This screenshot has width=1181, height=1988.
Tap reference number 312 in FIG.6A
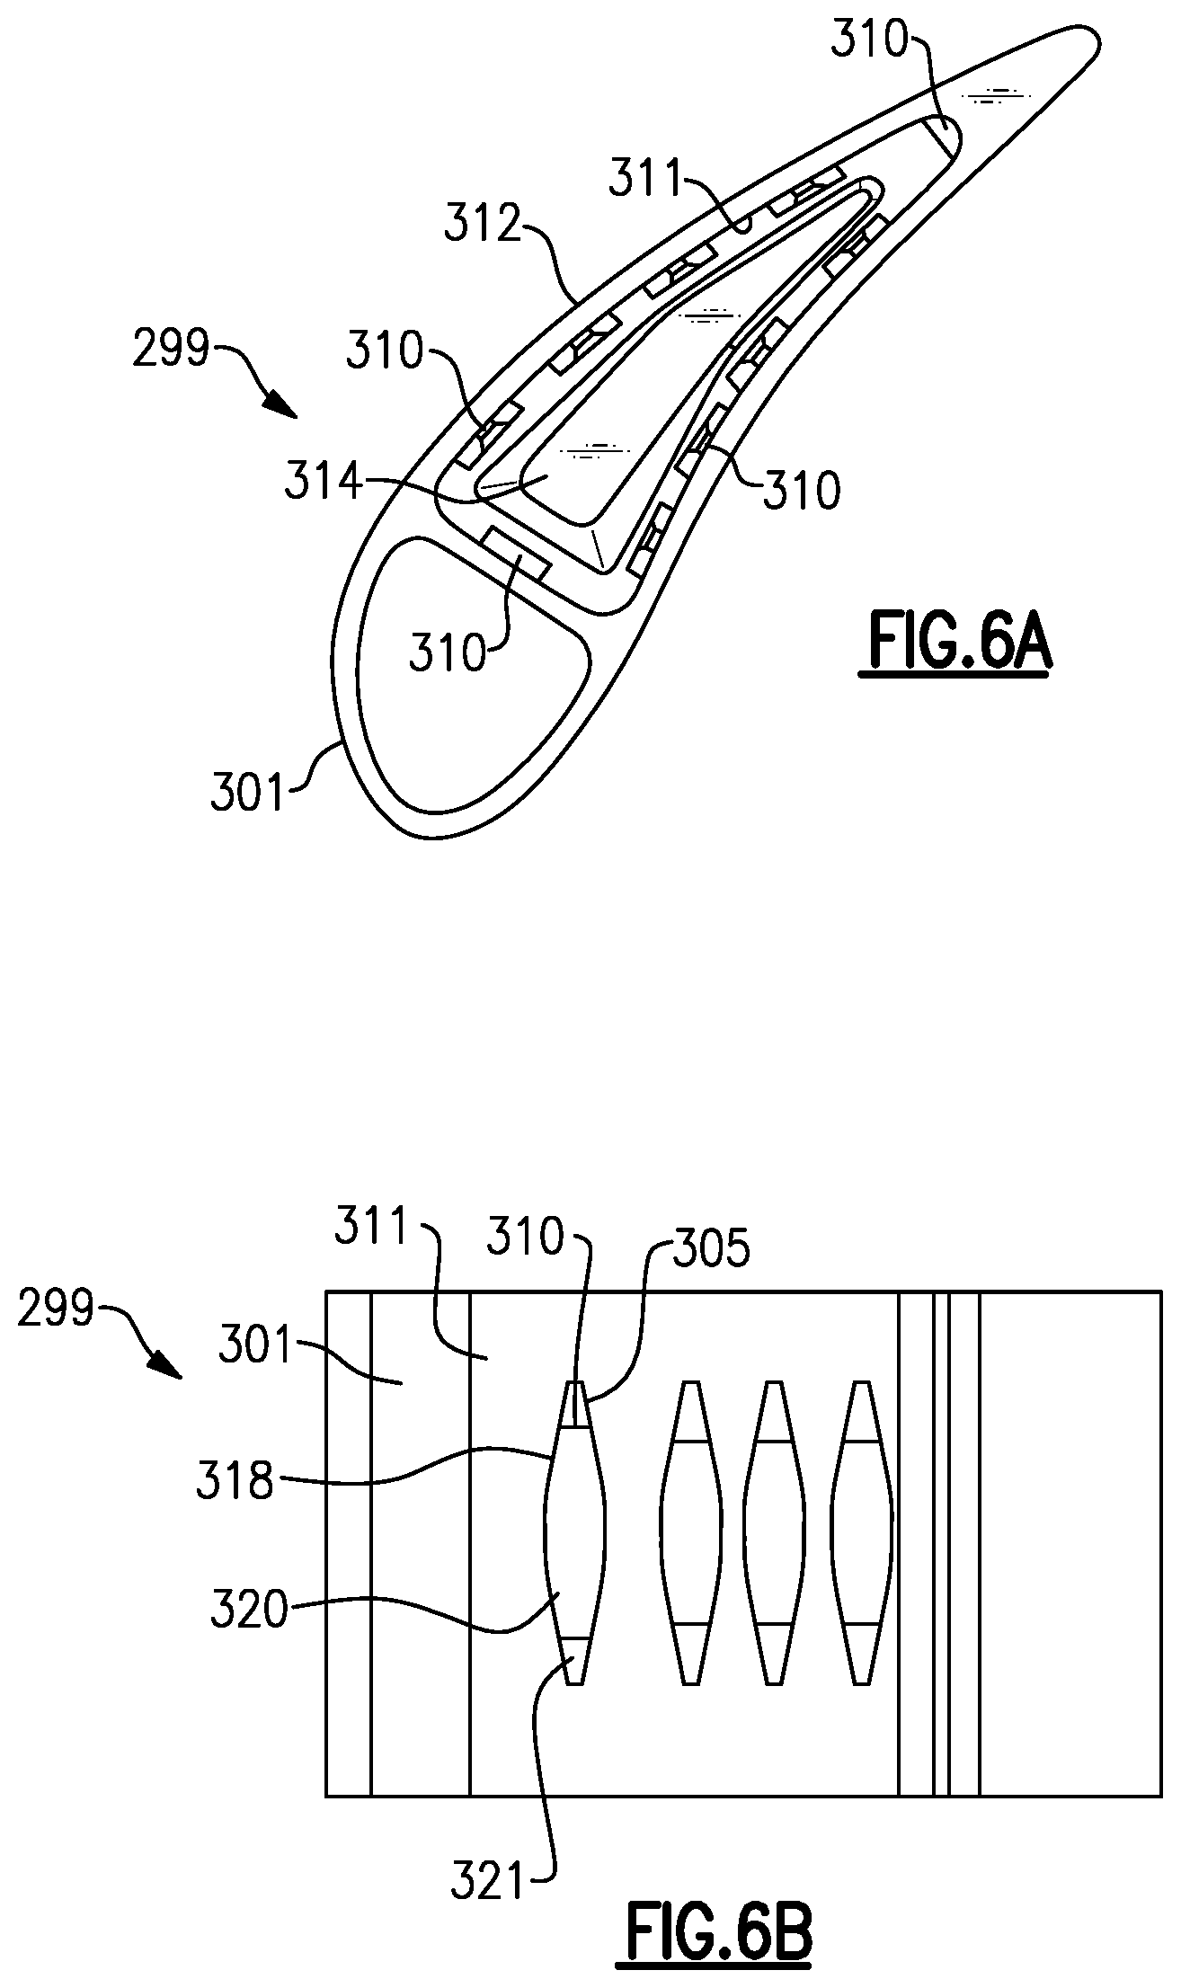[483, 225]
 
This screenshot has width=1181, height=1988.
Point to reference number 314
[324, 483]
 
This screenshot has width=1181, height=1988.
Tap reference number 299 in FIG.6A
[171, 349]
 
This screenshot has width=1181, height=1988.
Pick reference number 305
[710, 1251]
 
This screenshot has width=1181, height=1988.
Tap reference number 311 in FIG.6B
[373, 1227]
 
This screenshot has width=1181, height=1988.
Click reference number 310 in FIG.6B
[526, 1238]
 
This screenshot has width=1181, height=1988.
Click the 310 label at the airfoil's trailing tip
[869, 41]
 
